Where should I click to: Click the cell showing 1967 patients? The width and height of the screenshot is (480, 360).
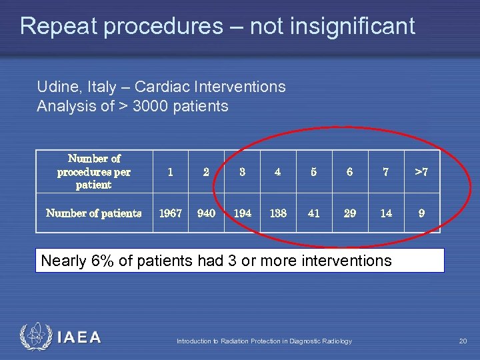(x=170, y=213)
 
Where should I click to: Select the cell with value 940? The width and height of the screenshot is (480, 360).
(x=206, y=213)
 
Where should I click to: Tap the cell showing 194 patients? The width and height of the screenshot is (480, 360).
(x=242, y=213)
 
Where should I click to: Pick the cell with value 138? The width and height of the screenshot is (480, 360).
(x=278, y=213)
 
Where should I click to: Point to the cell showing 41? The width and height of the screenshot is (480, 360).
(x=314, y=213)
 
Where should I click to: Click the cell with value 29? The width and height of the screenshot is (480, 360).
(x=350, y=213)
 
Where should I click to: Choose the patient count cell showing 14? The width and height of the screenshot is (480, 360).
(x=386, y=213)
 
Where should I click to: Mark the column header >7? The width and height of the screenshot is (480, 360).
(x=421, y=172)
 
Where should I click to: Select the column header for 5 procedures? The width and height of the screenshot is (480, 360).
(x=314, y=172)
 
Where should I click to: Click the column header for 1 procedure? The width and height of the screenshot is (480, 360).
(x=170, y=172)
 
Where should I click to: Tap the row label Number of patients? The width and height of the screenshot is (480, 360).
(x=93, y=213)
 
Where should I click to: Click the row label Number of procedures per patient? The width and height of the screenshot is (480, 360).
(x=93, y=172)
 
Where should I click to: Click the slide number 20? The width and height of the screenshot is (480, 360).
(x=463, y=341)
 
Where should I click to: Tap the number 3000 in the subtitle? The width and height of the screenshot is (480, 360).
(x=152, y=106)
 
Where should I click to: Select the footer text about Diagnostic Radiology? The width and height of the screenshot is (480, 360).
(x=264, y=341)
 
